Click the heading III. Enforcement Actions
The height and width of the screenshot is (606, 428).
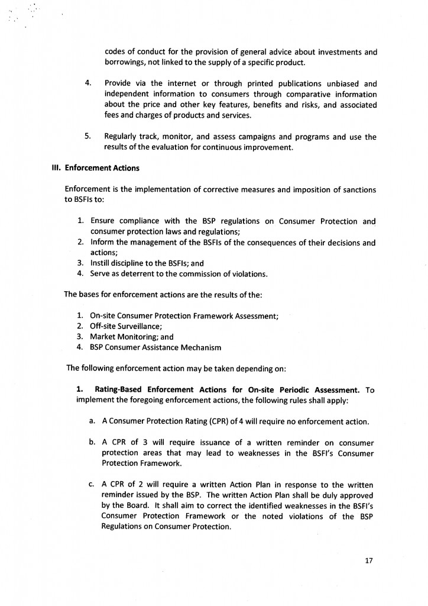pyautogui.click(x=96, y=168)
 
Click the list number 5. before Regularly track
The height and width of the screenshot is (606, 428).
pyautogui.click(x=87, y=137)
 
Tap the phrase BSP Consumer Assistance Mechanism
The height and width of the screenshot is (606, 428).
pyautogui.click(x=155, y=347)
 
